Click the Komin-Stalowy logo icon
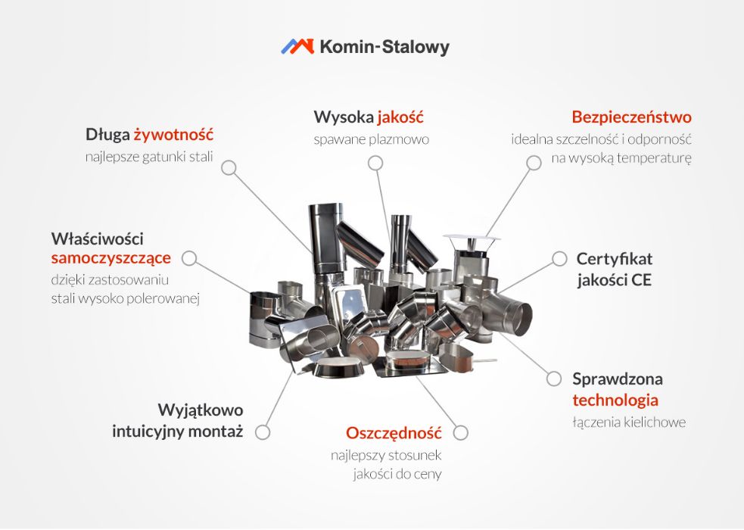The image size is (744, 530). click(297, 46)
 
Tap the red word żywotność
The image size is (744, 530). click(173, 135)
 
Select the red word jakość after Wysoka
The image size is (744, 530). click(400, 117)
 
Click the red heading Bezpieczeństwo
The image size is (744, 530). click(631, 117)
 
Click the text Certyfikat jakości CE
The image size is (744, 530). click(614, 269)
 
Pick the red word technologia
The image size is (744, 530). click(615, 400)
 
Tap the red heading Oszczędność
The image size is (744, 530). click(394, 433)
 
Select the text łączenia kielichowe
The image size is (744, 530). click(629, 422)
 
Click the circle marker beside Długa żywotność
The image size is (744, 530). click(229, 167)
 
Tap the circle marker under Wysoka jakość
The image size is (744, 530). click(375, 163)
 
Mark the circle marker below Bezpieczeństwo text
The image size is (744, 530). click(534, 162)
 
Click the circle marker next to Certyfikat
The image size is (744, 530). click(559, 258)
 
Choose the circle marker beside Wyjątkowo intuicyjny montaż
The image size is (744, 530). click(263, 432)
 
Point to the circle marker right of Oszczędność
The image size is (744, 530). click(460, 433)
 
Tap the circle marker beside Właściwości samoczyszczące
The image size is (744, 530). click(189, 258)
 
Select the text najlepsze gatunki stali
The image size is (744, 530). click(149, 157)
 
